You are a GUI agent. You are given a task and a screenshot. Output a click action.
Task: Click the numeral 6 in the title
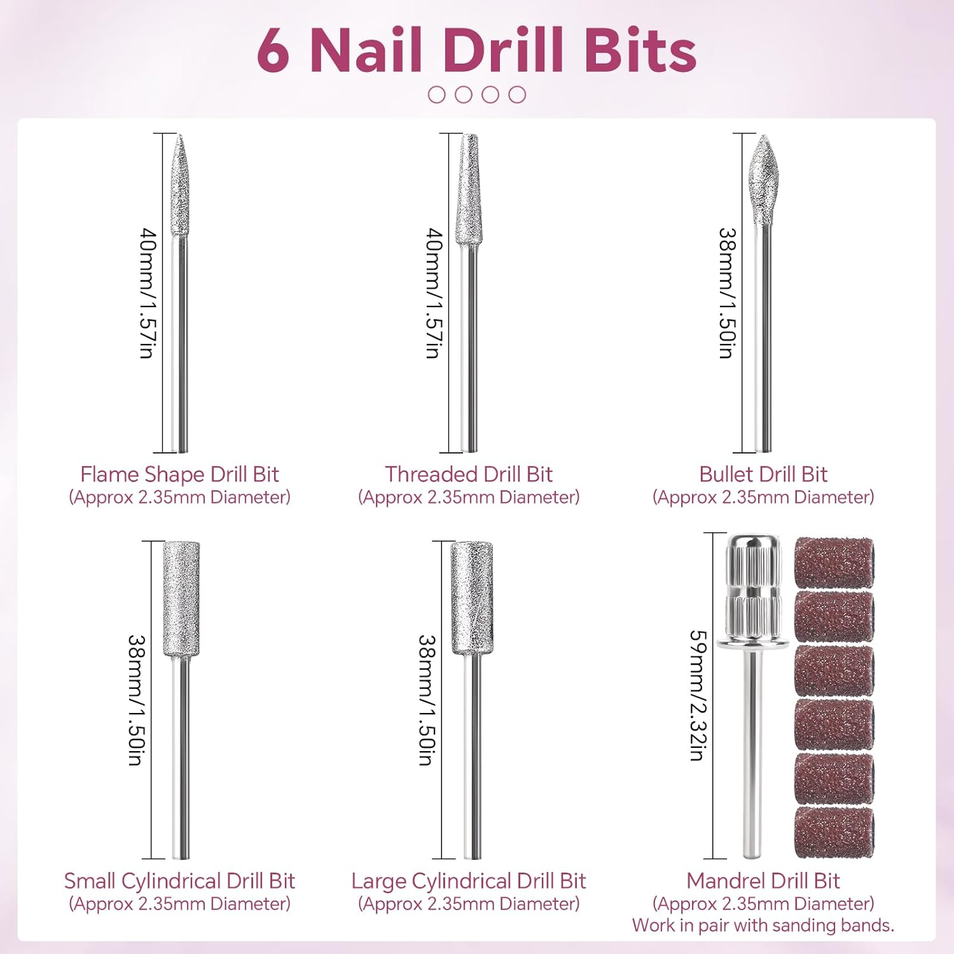point(273,52)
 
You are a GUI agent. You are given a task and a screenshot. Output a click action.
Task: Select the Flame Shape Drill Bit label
point(179,474)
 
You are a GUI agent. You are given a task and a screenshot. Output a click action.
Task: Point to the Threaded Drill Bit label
point(468,474)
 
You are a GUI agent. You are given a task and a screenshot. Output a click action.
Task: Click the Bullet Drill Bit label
point(763,474)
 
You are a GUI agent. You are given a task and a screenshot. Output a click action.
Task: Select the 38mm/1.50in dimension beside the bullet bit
point(727,293)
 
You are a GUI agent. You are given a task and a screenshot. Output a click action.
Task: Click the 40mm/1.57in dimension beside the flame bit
point(148,293)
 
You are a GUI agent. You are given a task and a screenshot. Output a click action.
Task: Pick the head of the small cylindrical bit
point(181,598)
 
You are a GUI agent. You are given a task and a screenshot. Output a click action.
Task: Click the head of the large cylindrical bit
point(472,598)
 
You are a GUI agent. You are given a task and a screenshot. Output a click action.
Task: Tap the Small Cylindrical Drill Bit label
point(179,881)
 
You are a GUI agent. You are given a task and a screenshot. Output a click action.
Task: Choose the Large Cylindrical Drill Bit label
point(468,881)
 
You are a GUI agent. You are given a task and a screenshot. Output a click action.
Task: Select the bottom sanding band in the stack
point(834,833)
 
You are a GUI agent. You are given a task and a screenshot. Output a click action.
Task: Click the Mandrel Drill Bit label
point(763,881)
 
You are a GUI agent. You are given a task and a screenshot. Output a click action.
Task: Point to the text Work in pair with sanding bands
point(763,925)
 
